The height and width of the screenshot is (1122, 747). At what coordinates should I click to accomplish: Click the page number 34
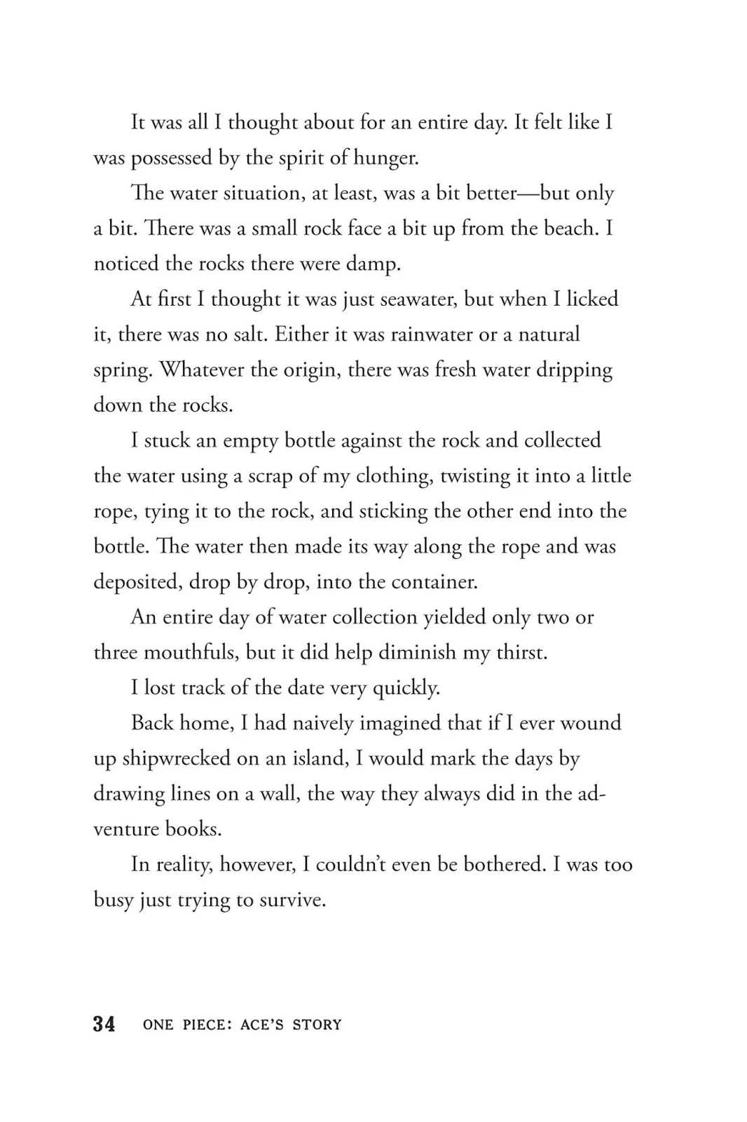[104, 1024]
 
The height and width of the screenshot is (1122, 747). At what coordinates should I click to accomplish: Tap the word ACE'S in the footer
[263, 1025]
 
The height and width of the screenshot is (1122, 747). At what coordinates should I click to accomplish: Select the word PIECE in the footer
[204, 1025]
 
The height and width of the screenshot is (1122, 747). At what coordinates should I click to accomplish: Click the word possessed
[171, 158]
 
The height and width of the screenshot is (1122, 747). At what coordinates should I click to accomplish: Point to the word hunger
[387, 158]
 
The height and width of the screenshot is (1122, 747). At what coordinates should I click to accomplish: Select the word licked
[592, 299]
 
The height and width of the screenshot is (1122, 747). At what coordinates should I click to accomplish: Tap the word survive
[292, 900]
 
